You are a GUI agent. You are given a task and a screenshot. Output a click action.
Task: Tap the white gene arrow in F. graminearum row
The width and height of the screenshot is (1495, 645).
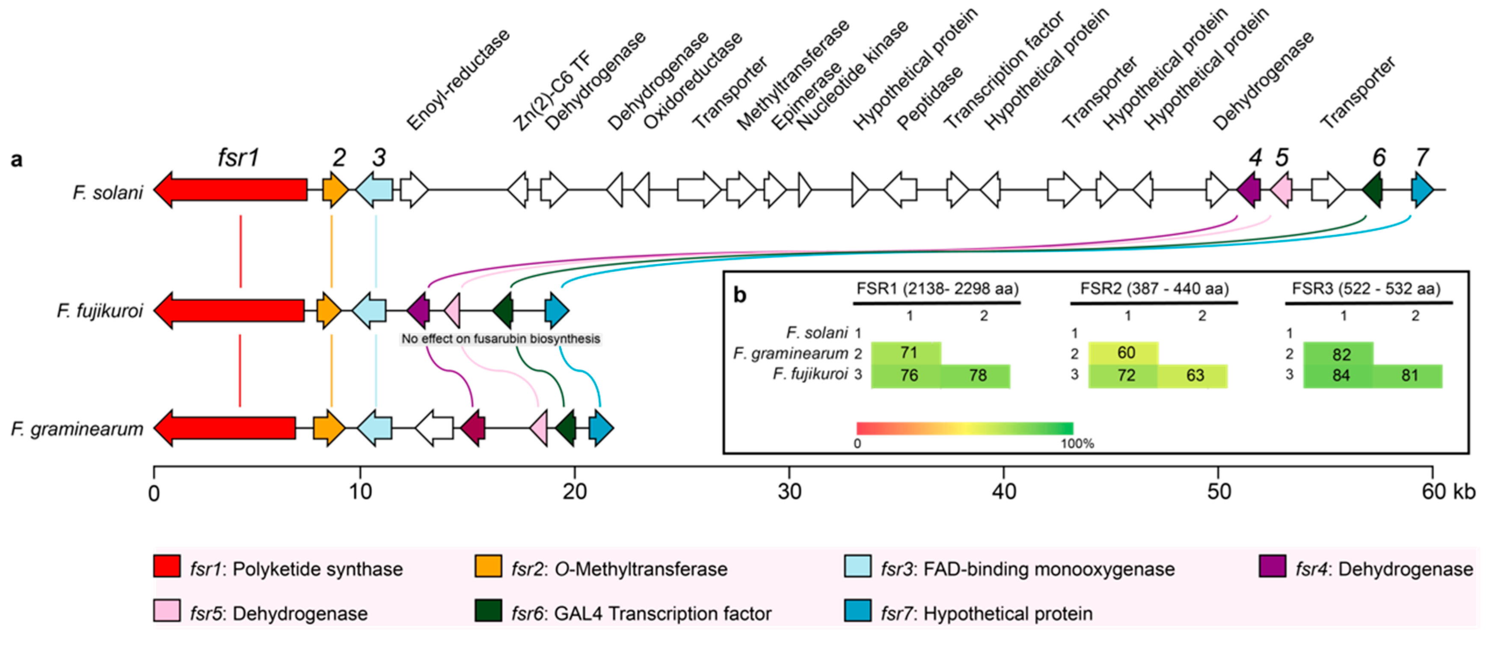pos(435,428)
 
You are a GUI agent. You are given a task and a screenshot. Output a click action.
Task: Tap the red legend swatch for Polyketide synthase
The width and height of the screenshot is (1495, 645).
pos(166,566)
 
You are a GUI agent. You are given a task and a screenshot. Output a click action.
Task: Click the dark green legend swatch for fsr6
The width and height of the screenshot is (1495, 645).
pos(487,611)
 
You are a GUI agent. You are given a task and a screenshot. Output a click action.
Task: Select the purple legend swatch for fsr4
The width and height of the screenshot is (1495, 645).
pos(1272,566)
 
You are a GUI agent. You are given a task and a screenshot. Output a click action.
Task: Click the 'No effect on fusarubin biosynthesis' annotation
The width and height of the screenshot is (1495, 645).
pos(500,339)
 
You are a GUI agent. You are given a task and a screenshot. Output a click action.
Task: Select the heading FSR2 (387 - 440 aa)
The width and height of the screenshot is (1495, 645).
pos(1154,288)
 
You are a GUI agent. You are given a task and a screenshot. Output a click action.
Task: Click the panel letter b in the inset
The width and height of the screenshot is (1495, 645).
pos(739,295)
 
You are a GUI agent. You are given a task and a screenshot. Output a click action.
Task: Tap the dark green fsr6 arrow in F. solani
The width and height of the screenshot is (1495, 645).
pos(1372,190)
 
